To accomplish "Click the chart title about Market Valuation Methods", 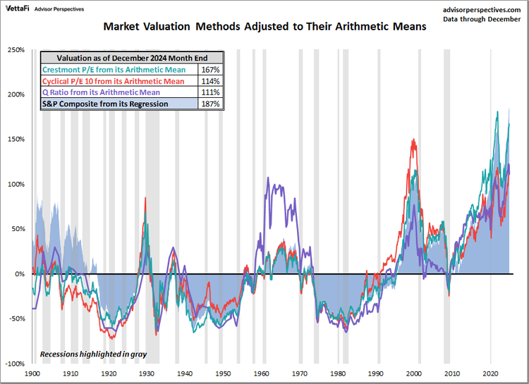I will pyautogui.click(x=264, y=28).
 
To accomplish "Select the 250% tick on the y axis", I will pyautogui.click(x=16, y=50).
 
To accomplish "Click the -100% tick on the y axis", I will pyautogui.click(x=15, y=364).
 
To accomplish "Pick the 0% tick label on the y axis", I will pyautogui.click(x=19, y=274).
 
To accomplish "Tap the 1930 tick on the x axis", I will pyautogui.click(x=147, y=373).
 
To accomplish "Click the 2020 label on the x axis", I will pyautogui.click(x=491, y=373).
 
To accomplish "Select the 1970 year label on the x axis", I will pyautogui.click(x=300, y=373).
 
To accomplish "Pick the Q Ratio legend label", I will pyautogui.click(x=101, y=92).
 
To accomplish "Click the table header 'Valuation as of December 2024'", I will pyautogui.click(x=132, y=58).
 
